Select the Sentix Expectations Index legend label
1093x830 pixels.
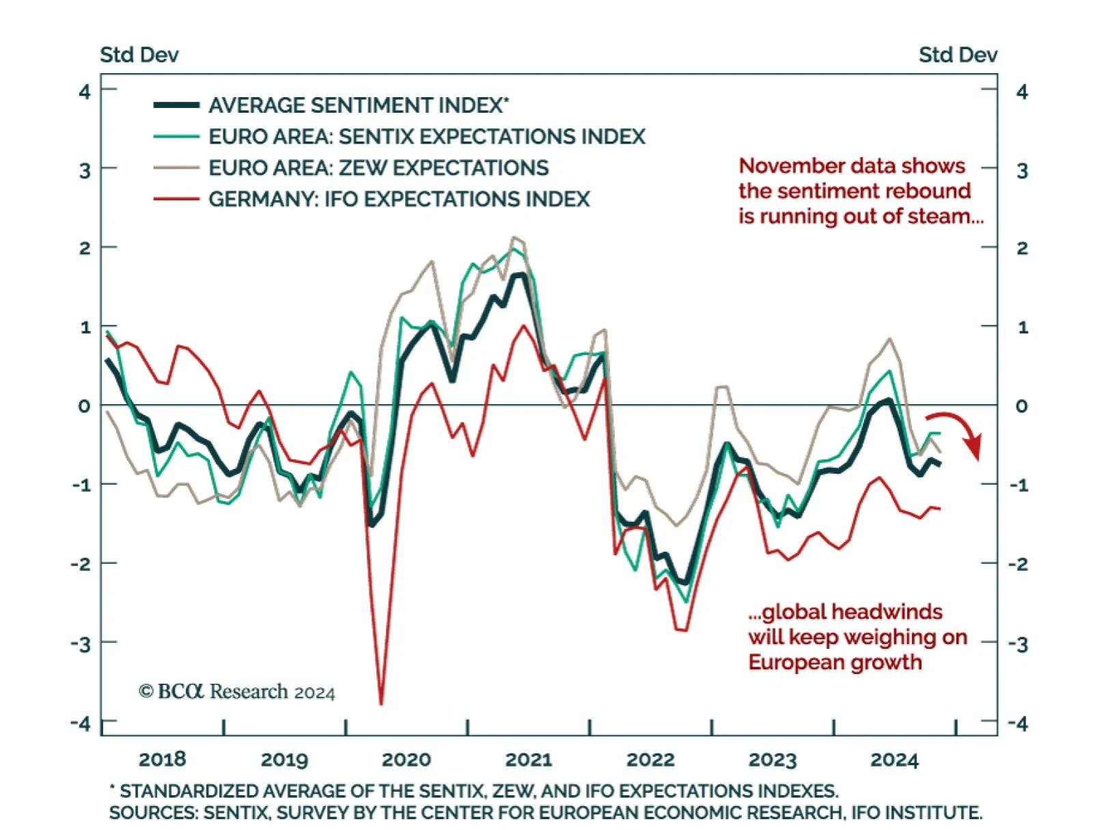[426, 137]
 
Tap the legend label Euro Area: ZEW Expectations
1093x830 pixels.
[378, 168]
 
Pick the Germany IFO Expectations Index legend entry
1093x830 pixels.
[398, 199]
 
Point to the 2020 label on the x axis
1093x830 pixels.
[406, 760]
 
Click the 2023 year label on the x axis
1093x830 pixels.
[773, 760]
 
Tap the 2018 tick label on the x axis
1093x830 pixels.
[162, 759]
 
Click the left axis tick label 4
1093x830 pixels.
[85, 91]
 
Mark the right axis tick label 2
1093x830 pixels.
[1021, 248]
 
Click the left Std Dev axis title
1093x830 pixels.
[139, 55]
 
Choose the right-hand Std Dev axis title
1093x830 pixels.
[958, 55]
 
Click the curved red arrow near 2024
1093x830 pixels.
[959, 431]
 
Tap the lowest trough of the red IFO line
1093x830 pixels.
[381, 701]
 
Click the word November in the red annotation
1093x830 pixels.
[786, 166]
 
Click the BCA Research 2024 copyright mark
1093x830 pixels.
[236, 692]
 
